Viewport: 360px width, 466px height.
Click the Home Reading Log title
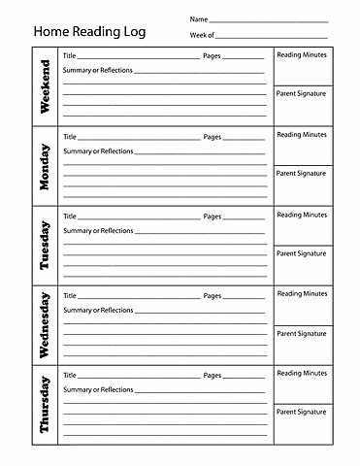coord(89,31)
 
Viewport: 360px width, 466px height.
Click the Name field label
coord(198,19)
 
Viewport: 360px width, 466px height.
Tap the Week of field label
coord(202,35)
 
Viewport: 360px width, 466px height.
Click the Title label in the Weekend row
coord(70,56)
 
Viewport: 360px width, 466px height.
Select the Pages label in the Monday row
coord(213,137)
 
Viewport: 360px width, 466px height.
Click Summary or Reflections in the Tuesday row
coord(98,231)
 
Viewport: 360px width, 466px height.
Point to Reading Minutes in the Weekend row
coord(302,55)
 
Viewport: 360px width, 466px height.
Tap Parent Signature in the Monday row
coord(302,174)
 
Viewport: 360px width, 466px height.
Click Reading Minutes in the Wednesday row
coord(302,293)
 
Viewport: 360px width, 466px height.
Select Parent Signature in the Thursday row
coord(302,412)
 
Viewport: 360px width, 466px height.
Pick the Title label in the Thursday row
coord(70,375)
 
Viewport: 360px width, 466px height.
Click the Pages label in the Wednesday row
coord(213,295)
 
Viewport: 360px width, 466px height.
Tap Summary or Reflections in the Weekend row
coord(98,71)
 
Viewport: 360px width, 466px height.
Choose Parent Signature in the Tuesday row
coord(302,253)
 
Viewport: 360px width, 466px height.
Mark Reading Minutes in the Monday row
coord(302,135)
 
